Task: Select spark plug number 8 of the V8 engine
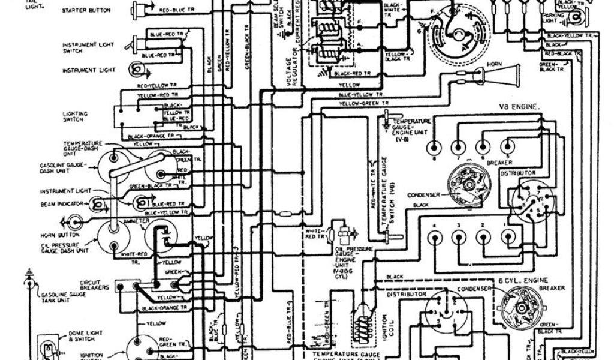[432, 147]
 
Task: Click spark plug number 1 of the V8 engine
[508, 238]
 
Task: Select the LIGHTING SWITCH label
[75, 116]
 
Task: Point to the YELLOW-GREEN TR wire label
[361, 104]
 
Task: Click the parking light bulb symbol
[577, 17]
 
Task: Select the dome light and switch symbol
[46, 346]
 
